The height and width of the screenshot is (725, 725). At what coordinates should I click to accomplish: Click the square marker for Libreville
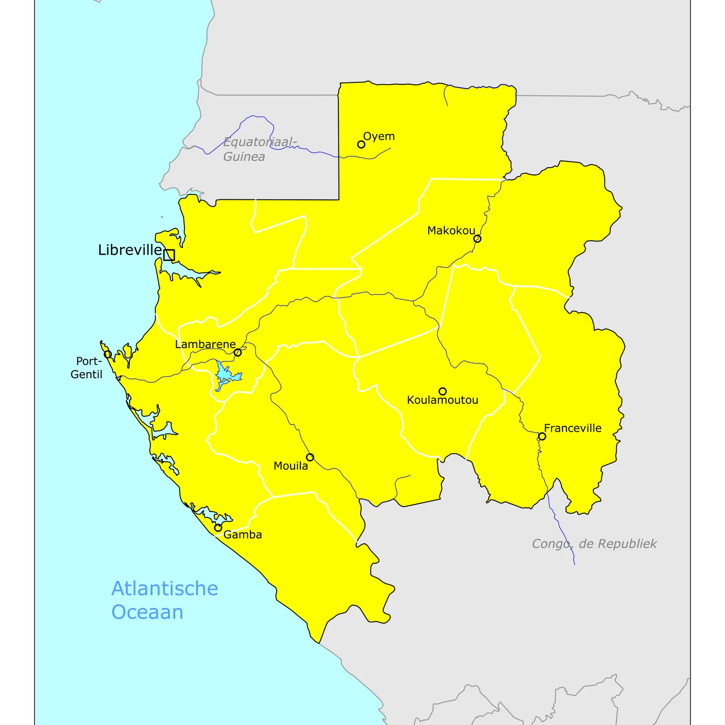click(x=169, y=255)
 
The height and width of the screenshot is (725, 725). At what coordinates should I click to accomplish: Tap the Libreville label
click(x=130, y=250)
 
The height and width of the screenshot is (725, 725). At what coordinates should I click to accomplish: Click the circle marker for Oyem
click(x=361, y=145)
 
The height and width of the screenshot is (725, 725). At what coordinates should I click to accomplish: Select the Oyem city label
click(x=379, y=136)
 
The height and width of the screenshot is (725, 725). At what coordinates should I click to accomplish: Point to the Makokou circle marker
click(x=477, y=239)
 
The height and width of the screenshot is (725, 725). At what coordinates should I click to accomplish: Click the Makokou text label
click(x=451, y=231)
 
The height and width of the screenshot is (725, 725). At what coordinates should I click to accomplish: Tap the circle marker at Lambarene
click(x=237, y=353)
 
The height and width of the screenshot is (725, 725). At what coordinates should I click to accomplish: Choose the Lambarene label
click(x=205, y=344)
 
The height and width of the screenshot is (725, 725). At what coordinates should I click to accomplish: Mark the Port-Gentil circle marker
click(x=107, y=354)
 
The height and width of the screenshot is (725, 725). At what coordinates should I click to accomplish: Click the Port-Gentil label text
click(x=87, y=368)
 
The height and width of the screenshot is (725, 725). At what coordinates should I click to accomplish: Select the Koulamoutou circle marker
click(x=443, y=391)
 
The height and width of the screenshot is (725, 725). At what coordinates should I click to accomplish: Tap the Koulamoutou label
click(x=442, y=400)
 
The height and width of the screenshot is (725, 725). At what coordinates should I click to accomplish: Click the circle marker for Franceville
click(x=542, y=436)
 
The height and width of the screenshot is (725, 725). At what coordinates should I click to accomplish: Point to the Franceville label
click(x=573, y=428)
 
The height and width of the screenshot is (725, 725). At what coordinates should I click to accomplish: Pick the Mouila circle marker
click(x=310, y=457)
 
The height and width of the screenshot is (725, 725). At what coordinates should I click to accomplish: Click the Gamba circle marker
click(x=218, y=528)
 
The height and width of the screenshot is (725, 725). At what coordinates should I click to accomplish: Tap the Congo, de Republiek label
click(x=594, y=544)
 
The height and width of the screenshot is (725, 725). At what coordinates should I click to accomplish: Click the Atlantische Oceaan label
click(x=164, y=600)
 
